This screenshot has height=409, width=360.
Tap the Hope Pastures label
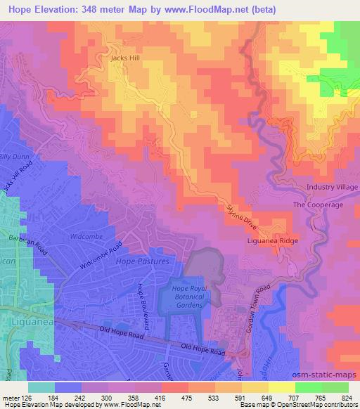coord(148,261)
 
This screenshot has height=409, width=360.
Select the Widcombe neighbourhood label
coord(87,238)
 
